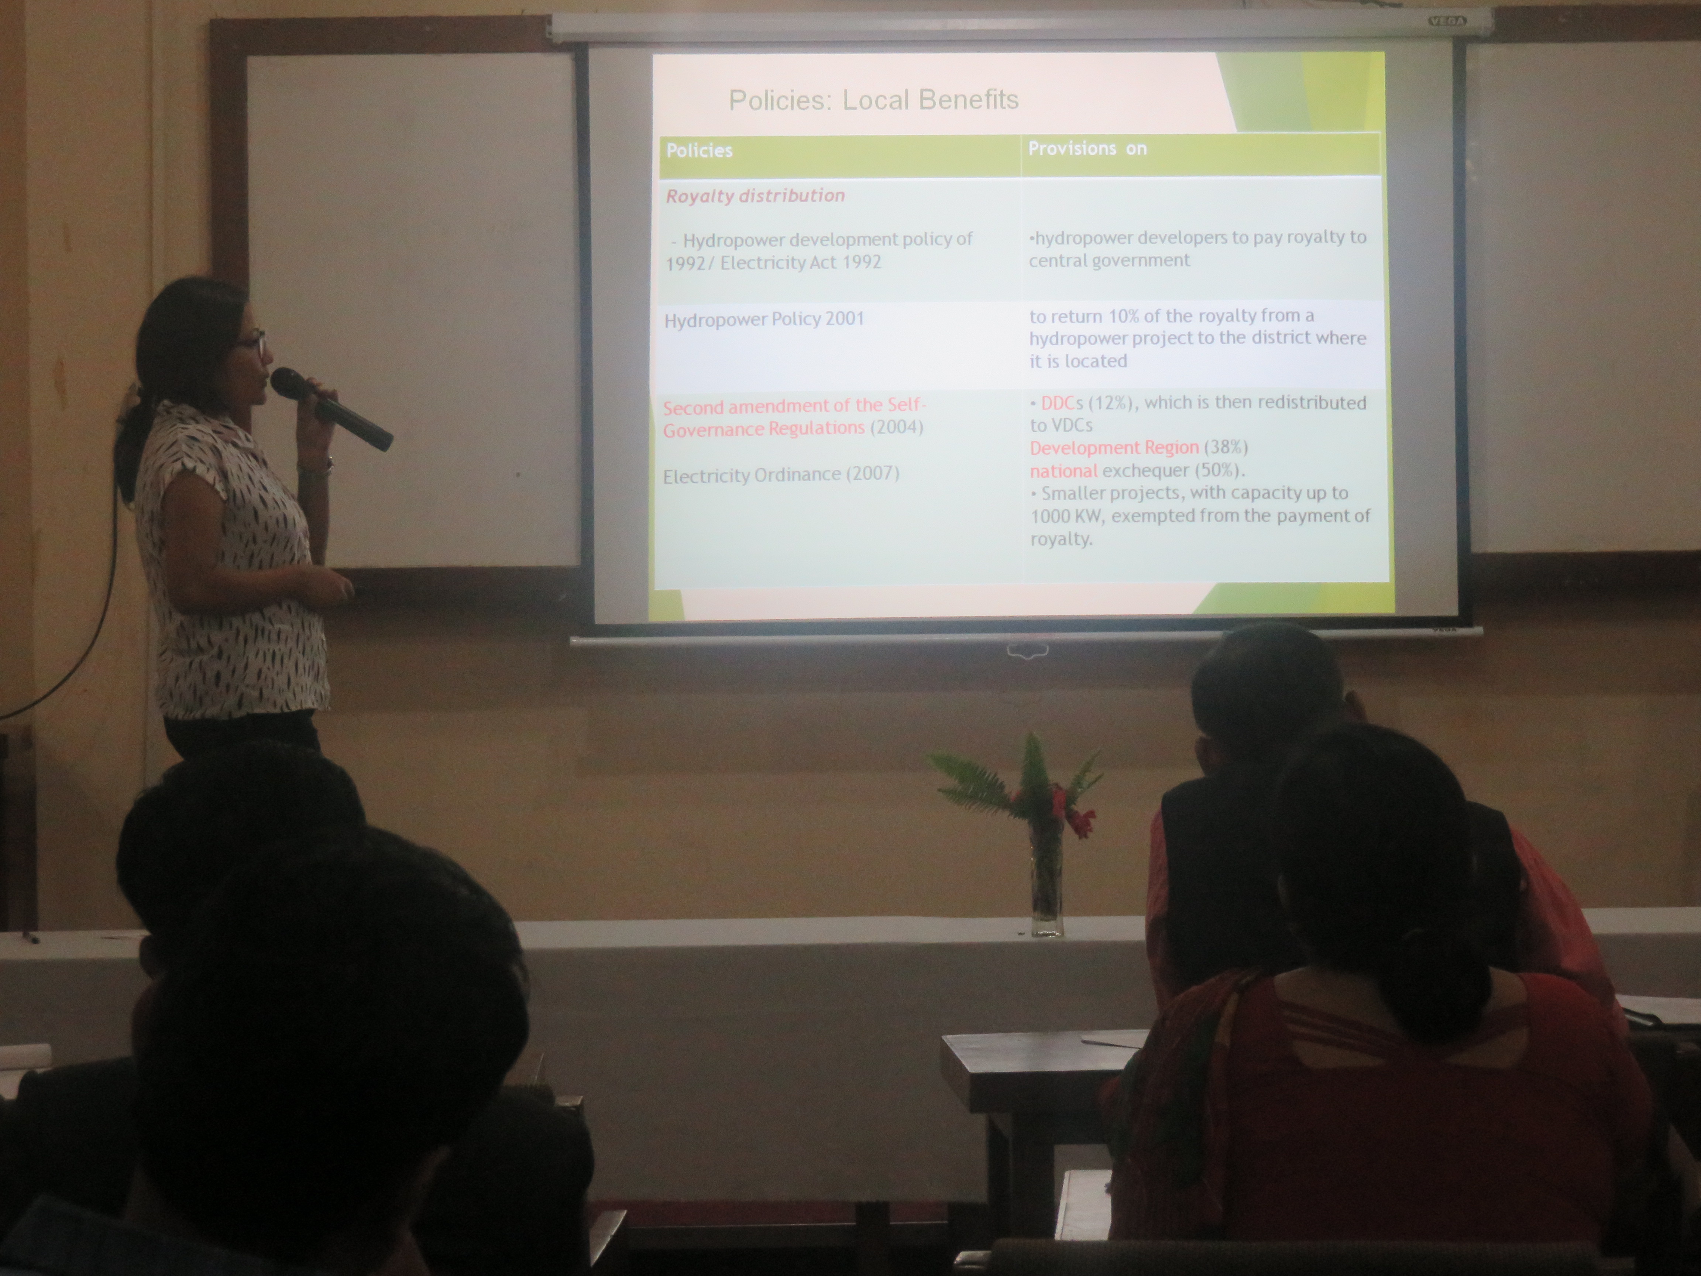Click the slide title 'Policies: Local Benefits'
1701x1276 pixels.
[x=873, y=100]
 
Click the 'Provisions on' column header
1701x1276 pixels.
[x=1087, y=148]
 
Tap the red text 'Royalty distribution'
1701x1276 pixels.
[x=755, y=196]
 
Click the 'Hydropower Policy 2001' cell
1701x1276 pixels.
[x=764, y=319]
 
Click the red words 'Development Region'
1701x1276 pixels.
[x=1114, y=447]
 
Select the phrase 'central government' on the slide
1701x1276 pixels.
[x=1109, y=261]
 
